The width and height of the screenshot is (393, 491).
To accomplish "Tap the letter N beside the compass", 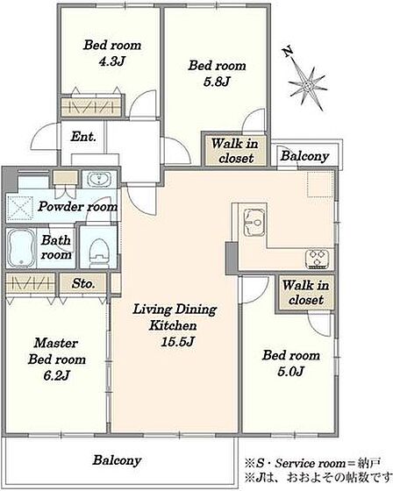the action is click(x=289, y=51).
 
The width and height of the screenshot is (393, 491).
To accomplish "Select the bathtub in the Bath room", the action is click(x=21, y=248).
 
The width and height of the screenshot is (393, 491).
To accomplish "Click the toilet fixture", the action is click(x=99, y=253).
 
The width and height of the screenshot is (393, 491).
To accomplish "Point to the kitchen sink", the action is click(x=254, y=221).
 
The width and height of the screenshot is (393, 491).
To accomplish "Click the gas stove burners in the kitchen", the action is click(x=318, y=259).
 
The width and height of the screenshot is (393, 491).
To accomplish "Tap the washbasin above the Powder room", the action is click(x=99, y=180).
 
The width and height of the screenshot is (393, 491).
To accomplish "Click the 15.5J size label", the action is click(x=177, y=342).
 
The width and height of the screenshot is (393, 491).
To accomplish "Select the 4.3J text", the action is click(x=112, y=61).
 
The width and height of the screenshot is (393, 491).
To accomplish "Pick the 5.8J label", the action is click(x=217, y=82).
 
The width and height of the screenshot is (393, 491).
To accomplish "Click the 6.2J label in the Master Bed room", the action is click(x=56, y=375).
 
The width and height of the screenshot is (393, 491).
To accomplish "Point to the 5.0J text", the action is click(x=291, y=372).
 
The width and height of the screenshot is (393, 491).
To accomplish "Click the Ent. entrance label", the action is click(x=83, y=137).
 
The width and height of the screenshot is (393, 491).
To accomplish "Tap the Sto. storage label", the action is click(x=83, y=284).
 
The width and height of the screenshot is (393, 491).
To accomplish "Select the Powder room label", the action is click(x=78, y=207).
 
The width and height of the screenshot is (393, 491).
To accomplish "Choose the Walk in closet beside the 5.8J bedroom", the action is click(x=235, y=151).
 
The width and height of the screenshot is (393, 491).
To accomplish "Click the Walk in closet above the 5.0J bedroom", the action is click(x=306, y=293).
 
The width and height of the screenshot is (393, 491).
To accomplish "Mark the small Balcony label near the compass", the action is click(x=304, y=156).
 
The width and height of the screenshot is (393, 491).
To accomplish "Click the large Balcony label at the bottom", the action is click(x=118, y=460).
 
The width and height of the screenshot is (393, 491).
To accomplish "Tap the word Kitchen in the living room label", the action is click(x=173, y=325).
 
